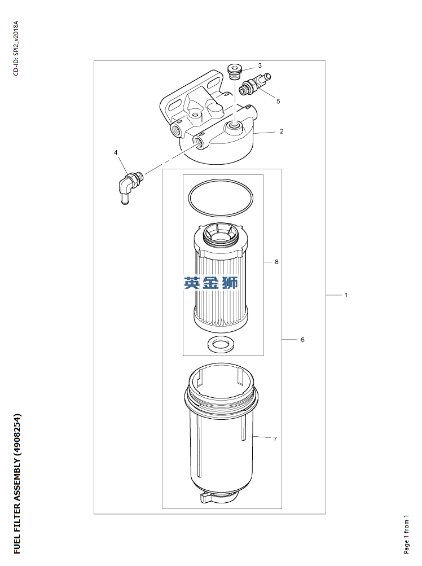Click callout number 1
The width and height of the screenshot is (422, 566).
(x=346, y=295)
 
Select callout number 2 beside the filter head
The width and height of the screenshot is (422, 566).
(x=282, y=131)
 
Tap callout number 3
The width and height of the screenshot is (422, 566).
(x=260, y=65)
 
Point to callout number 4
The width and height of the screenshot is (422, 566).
(x=116, y=152)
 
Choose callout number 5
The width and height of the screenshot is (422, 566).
(x=278, y=101)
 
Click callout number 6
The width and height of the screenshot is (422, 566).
(x=302, y=340)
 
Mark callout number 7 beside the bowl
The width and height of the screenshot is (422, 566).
(x=275, y=438)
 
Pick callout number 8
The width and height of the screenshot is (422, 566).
(x=276, y=262)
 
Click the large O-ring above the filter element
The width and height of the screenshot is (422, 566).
(x=221, y=198)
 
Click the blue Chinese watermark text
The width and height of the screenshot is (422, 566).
(x=211, y=283)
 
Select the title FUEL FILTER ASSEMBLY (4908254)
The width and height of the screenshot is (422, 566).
(x=17, y=484)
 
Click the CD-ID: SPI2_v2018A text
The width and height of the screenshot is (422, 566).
(x=16, y=48)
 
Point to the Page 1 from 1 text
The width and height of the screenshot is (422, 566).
(x=406, y=534)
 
